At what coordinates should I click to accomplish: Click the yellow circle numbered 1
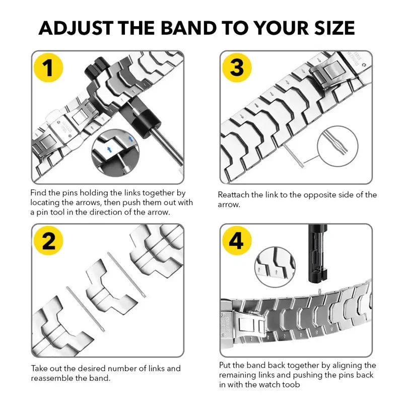(x=48, y=68)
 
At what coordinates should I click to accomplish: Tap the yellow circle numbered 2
(x=48, y=242)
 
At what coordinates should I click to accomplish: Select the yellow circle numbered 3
(x=237, y=68)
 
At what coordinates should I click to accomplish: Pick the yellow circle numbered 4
(x=237, y=242)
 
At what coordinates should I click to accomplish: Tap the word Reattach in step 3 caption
(x=235, y=195)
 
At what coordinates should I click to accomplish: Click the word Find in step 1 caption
(x=39, y=193)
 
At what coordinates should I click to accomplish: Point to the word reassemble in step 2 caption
(x=56, y=378)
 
